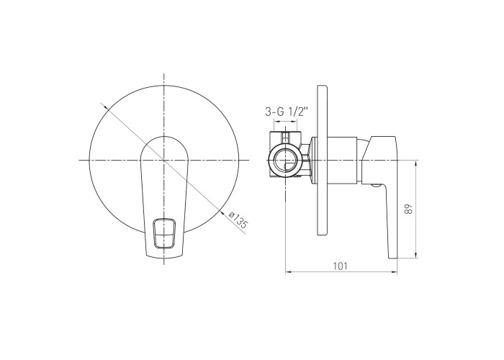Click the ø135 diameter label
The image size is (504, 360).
pos(238,220)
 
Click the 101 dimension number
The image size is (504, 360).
pos(340,266)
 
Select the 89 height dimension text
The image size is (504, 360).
pos(408,209)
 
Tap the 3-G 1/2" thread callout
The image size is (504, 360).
pos(287,112)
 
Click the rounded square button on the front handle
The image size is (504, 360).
pos(165,234)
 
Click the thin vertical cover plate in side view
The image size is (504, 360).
pos(323,161)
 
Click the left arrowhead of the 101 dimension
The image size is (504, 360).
pos(288,272)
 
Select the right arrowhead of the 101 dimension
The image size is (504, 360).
pos(395,272)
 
